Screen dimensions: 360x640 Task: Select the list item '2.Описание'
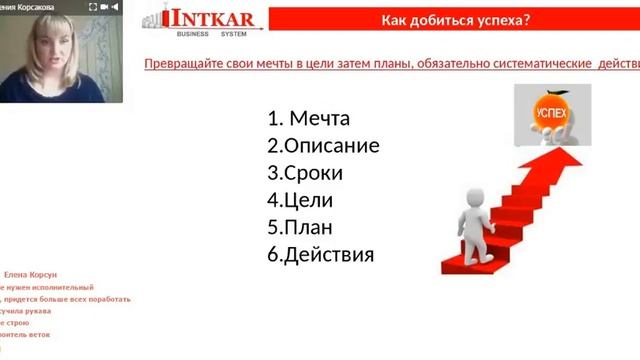click(323, 146)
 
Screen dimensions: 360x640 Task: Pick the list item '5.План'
click(301, 227)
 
